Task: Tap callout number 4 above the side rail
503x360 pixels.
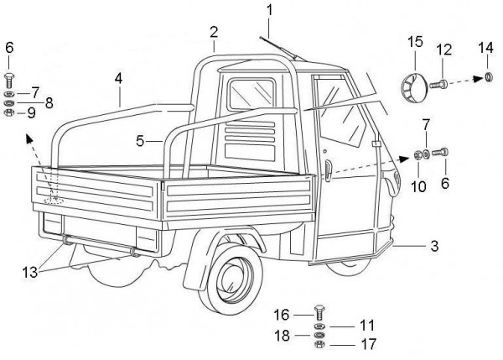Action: point(119,78)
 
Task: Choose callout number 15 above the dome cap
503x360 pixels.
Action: point(414,42)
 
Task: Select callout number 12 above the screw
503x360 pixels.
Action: point(445,49)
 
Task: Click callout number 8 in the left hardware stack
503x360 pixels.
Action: point(49,102)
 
